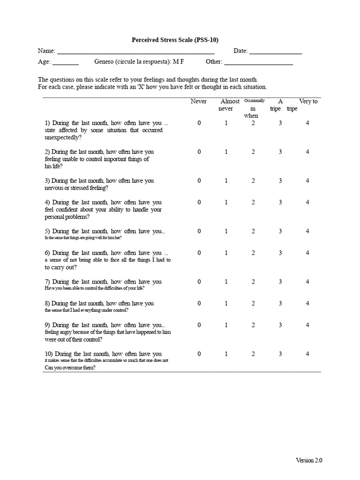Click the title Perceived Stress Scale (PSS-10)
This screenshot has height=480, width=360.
tap(175, 40)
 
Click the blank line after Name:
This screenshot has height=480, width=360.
tap(135, 53)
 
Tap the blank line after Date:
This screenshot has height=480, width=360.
tap(276, 53)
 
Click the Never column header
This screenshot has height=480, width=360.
tap(199, 102)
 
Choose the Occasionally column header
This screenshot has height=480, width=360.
tap(255, 101)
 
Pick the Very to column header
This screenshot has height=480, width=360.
tap(308, 102)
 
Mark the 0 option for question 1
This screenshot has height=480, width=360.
tap(199, 123)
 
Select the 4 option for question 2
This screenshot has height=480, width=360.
tap(307, 152)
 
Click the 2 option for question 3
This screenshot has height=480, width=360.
tap(253, 180)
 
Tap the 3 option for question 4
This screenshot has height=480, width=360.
tap(280, 202)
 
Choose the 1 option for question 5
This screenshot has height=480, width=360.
tap(226, 231)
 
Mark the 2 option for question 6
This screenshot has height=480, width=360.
tap(253, 253)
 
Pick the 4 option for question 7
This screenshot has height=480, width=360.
tap(307, 282)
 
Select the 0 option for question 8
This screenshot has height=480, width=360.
tap(199, 303)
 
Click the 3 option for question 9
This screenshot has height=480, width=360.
tap(280, 325)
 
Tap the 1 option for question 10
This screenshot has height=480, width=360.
tap(226, 354)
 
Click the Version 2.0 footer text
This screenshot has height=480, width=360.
tap(309, 460)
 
